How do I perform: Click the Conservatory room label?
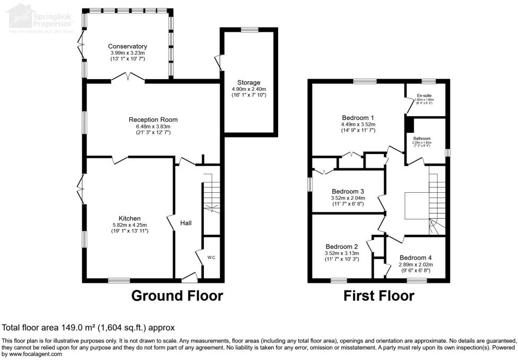[x=127, y=46]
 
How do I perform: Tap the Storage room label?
[x=249, y=82]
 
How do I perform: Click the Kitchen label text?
[x=129, y=218]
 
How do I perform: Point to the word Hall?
[x=186, y=223]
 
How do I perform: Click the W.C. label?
[x=211, y=258]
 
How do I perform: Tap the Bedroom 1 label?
[x=358, y=117]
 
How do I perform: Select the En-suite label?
[x=424, y=96]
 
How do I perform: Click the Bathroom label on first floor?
[x=422, y=139]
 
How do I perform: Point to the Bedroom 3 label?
[x=348, y=191]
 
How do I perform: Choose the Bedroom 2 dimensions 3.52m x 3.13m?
[x=342, y=253]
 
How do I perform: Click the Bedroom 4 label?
[x=416, y=257]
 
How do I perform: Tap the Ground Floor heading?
[x=177, y=295]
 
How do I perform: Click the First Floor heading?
[x=378, y=295]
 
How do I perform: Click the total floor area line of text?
[x=89, y=328]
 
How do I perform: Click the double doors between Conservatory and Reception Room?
[x=128, y=80]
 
